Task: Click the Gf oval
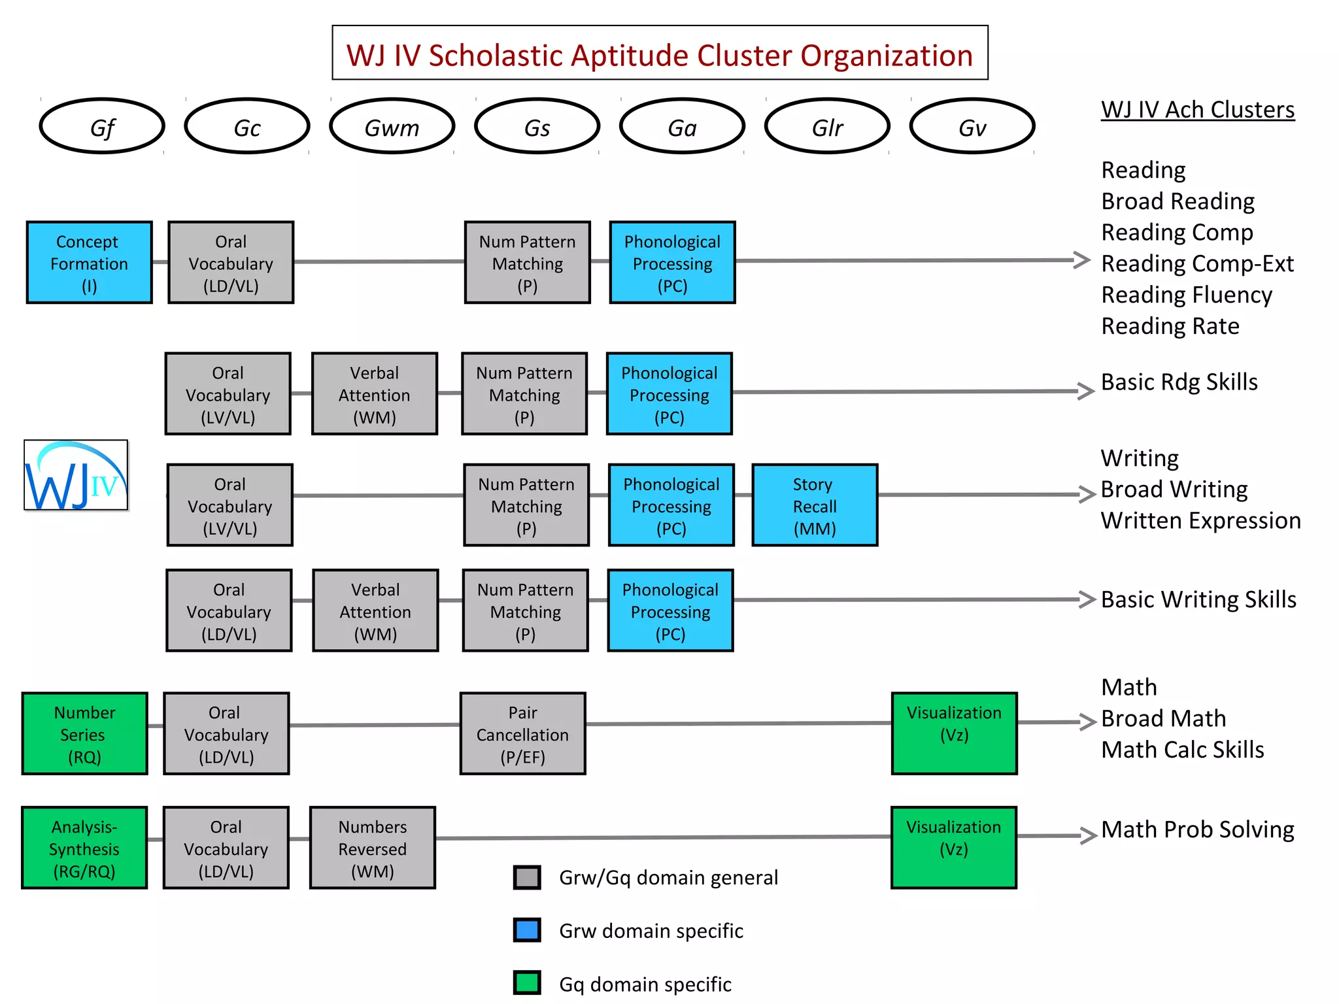102,126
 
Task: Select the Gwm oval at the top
392,126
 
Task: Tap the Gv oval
972,126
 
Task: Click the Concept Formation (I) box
89,262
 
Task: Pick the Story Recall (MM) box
814,505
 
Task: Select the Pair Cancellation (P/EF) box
522,733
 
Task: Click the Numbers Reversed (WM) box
372,848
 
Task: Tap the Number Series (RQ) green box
84,733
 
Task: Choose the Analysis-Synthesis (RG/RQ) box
84,848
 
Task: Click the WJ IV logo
76,475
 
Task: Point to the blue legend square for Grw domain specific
527,929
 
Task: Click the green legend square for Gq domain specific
527,982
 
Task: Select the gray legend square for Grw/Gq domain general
527,877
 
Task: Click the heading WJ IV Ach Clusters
1197,110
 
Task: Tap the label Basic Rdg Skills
1179,382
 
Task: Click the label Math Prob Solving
1197,829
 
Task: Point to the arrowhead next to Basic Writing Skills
1087,599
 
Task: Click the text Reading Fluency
1186,295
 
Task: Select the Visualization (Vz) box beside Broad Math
954,733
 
